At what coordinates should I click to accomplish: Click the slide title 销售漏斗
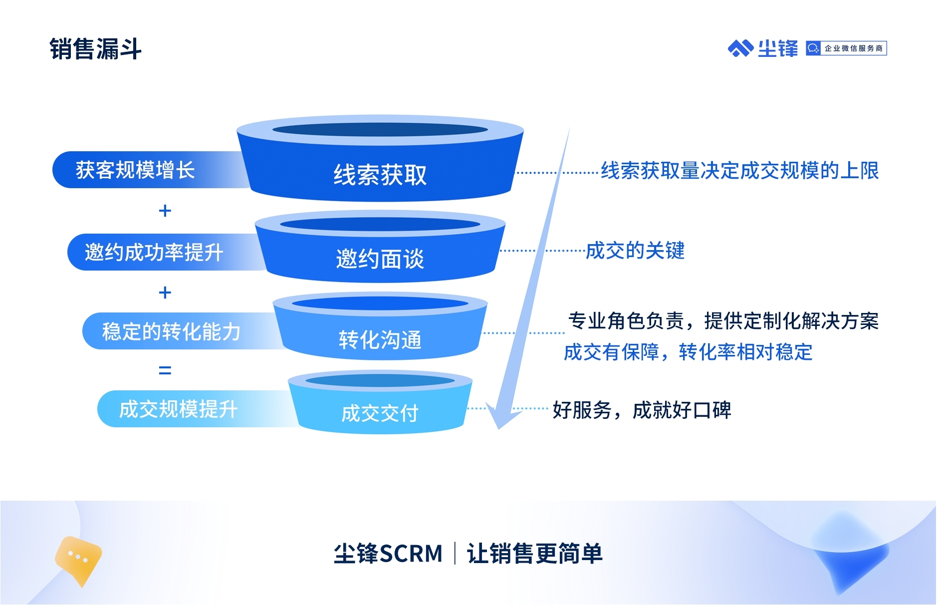(95, 49)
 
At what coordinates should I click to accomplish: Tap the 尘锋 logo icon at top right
(740, 48)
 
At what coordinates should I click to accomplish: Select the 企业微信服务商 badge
(846, 48)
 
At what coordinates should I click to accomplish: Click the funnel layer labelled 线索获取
(380, 175)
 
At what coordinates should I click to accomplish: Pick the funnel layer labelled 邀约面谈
(380, 259)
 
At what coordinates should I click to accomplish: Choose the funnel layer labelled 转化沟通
(380, 339)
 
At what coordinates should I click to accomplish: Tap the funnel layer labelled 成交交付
(380, 413)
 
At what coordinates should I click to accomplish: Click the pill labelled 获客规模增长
(135, 170)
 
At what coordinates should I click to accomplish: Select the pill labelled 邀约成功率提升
(154, 252)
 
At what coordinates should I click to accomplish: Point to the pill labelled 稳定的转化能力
(171, 331)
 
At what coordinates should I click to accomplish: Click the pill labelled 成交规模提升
(178, 409)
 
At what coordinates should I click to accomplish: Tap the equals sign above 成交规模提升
(165, 370)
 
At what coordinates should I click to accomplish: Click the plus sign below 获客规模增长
(165, 211)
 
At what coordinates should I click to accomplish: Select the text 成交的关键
(635, 251)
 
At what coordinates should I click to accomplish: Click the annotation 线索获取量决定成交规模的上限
(739, 171)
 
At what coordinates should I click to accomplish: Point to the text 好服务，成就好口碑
(642, 410)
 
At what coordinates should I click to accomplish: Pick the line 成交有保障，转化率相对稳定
(688, 352)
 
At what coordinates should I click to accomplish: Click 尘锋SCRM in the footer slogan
(388, 554)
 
